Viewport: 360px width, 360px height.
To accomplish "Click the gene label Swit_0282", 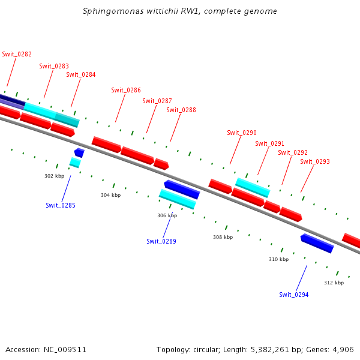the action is [x=17, y=54].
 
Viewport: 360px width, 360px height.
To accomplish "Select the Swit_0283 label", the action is [x=54, y=66].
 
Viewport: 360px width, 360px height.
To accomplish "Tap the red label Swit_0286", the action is [x=126, y=90].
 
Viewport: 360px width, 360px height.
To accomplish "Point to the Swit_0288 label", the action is [x=181, y=110].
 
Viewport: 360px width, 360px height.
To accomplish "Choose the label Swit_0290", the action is [x=242, y=133].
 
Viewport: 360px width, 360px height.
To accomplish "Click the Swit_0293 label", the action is [x=315, y=161].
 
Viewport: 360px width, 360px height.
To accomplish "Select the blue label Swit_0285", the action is [x=61, y=205].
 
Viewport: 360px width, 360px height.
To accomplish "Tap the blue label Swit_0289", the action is [x=161, y=241].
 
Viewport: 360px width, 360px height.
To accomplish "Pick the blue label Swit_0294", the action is [x=294, y=295].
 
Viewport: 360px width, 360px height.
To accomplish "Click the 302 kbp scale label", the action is [x=54, y=176].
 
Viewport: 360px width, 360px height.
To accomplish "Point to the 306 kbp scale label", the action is [x=167, y=215].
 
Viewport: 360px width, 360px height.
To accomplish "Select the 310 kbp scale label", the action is [x=278, y=259].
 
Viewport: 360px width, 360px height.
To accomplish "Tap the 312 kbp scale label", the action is [x=334, y=282].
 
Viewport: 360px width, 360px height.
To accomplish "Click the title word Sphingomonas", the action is [x=109, y=11].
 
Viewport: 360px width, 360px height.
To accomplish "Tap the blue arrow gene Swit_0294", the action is [x=317, y=243].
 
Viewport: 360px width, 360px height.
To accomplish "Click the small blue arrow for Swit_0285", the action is [x=79, y=153].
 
